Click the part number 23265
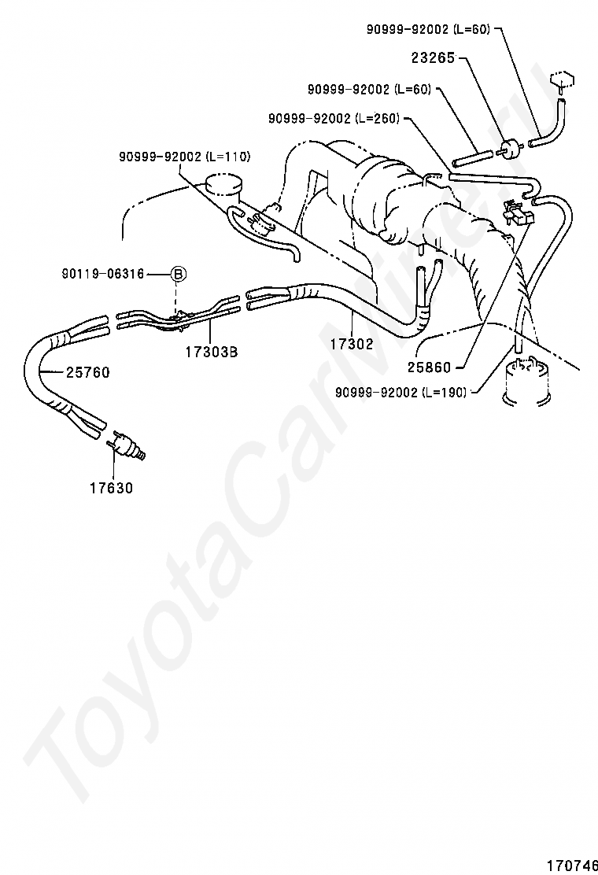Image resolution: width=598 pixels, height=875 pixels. pos(434,58)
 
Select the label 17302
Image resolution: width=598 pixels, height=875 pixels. pos(351,344)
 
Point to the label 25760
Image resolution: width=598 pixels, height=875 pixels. pos(87,372)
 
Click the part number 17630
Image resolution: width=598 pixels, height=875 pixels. pos(111,488)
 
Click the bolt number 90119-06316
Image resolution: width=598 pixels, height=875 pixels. pos(102,274)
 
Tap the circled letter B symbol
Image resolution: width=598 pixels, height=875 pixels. pos(179,274)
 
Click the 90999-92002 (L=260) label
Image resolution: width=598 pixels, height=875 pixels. pos(334,118)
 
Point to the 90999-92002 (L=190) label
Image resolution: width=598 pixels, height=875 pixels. pos(400,391)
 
